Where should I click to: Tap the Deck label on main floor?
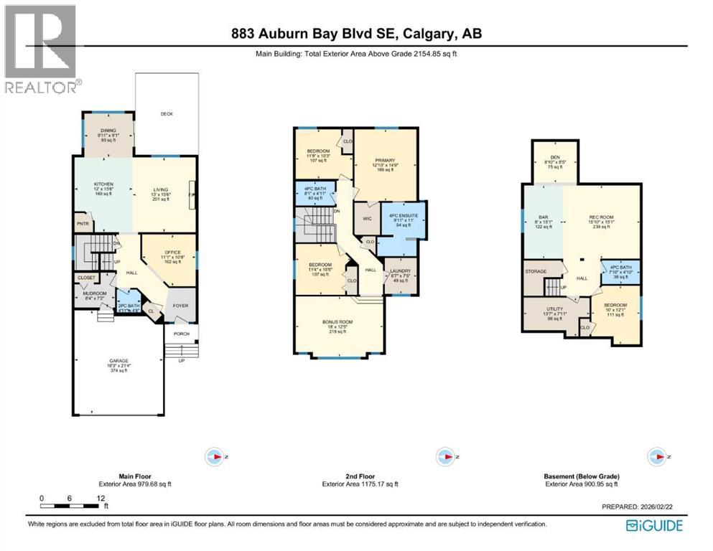click(x=167, y=114)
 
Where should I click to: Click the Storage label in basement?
click(x=536, y=272)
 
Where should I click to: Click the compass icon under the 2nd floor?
click(x=442, y=456)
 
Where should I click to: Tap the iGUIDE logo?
click(x=654, y=524)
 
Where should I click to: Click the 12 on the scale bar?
click(x=101, y=498)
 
